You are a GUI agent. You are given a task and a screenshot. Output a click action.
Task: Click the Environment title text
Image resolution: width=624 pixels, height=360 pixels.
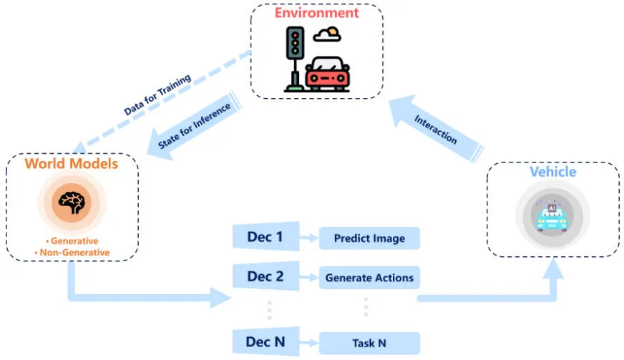tap(316, 12)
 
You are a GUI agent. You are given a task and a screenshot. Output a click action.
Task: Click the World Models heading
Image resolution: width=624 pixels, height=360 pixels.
tap(71, 164)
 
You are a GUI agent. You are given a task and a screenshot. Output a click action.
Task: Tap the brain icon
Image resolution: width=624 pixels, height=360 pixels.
tap(71, 203)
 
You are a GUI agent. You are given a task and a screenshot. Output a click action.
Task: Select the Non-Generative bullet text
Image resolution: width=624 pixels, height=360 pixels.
tap(72, 252)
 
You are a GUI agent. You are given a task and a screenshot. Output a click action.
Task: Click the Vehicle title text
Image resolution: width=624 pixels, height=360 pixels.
tap(552, 172)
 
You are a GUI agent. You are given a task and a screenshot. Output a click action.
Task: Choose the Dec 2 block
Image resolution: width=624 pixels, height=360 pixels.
tap(264, 277)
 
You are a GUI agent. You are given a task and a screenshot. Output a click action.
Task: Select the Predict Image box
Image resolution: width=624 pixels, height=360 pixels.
tap(369, 238)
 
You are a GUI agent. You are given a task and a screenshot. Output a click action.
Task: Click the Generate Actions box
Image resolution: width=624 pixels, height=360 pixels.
tap(369, 278)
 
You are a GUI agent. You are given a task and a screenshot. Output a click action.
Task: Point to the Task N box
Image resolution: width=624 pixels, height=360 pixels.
tap(369, 344)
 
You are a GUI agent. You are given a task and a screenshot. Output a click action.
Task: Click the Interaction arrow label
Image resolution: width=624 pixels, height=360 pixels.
tap(435, 129)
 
